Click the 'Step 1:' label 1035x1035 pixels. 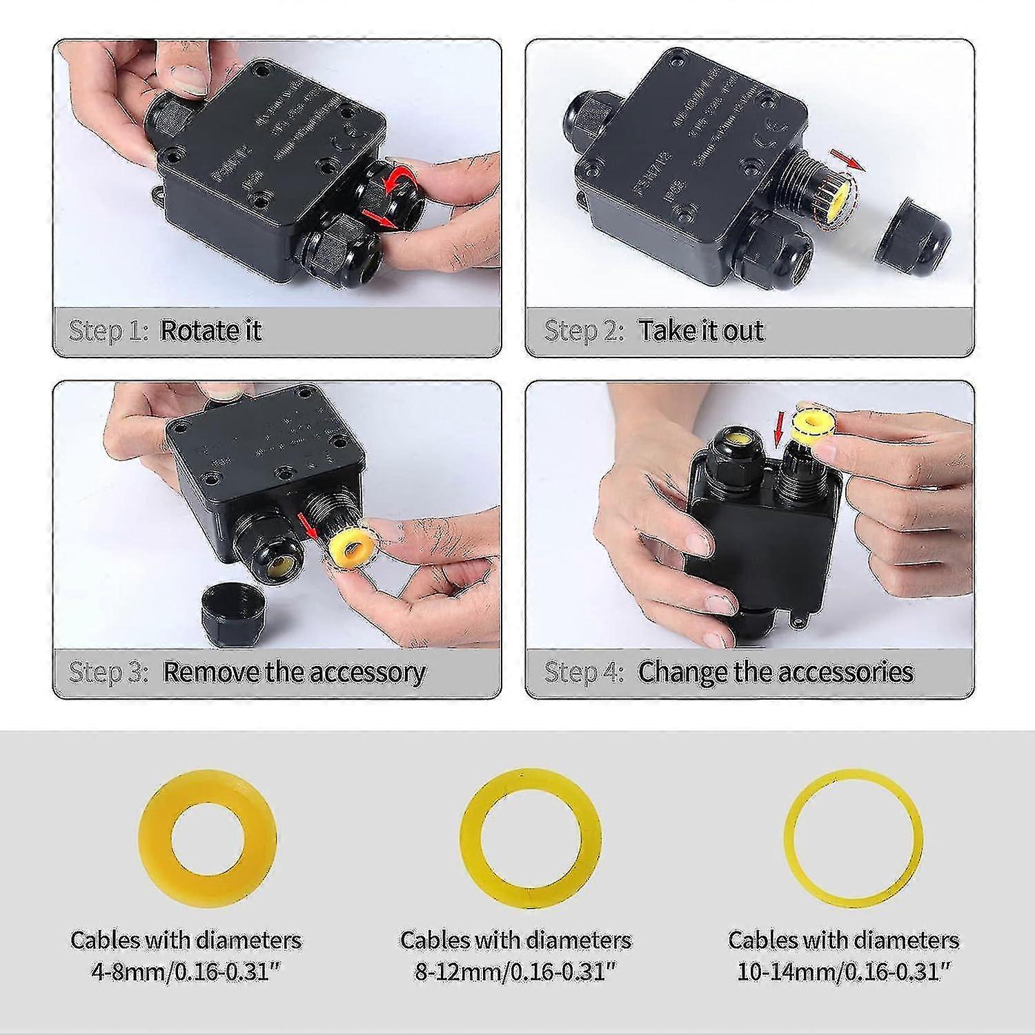point(108,331)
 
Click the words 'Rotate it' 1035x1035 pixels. point(210,331)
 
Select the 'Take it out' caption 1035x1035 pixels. point(700,331)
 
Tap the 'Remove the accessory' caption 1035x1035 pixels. point(294,671)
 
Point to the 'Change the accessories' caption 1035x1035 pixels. point(776,671)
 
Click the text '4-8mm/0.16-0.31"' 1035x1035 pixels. point(186,972)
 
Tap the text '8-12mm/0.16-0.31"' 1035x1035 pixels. point(515,972)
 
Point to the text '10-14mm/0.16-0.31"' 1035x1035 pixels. point(843,972)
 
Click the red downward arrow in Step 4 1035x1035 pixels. point(779,431)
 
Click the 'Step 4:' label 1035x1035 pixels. point(584,671)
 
